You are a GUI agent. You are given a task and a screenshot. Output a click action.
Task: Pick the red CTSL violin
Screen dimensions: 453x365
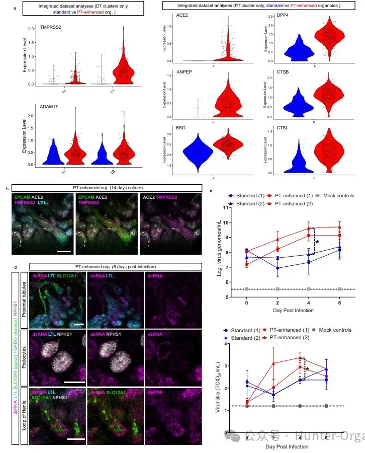click(x=329, y=153)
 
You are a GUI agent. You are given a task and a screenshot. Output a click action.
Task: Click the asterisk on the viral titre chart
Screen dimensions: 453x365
click(x=307, y=371)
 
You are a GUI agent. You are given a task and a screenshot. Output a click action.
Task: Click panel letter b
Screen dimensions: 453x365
click(x=7, y=189)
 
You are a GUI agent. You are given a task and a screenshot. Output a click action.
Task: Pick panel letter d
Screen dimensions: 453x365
click(x=7, y=266)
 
